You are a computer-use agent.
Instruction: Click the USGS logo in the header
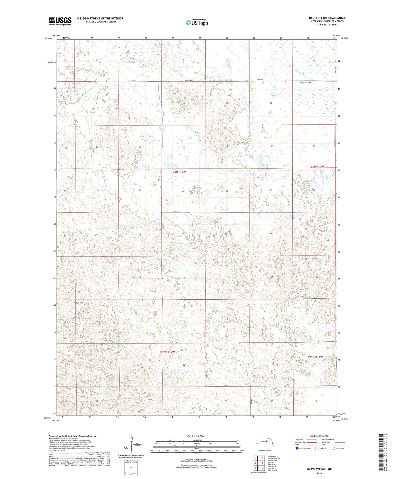pyautogui.click(x=60, y=21)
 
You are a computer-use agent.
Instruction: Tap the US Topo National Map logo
pyautogui.click(x=197, y=22)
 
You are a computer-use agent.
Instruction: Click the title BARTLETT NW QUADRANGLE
pyautogui.click(x=327, y=18)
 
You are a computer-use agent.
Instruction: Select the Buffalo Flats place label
pyautogui.click(x=306, y=82)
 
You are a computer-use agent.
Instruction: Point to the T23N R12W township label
pyautogui.click(x=178, y=172)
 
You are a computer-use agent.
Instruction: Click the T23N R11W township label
pyautogui.click(x=316, y=167)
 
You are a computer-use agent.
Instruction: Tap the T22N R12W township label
pyautogui.click(x=167, y=352)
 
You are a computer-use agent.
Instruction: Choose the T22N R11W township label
pyautogui.click(x=315, y=357)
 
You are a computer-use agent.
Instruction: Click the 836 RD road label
pyautogui.click(x=176, y=211)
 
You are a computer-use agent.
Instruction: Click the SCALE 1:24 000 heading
pyautogui.click(x=196, y=436)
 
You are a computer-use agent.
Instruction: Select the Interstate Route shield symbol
pyautogui.click(x=297, y=448)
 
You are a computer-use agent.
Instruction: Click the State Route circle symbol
pyautogui.click(x=333, y=448)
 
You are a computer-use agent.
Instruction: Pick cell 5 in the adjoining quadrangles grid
pyautogui.click(x=263, y=463)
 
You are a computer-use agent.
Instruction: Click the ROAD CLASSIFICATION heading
pyautogui.click(x=319, y=436)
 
